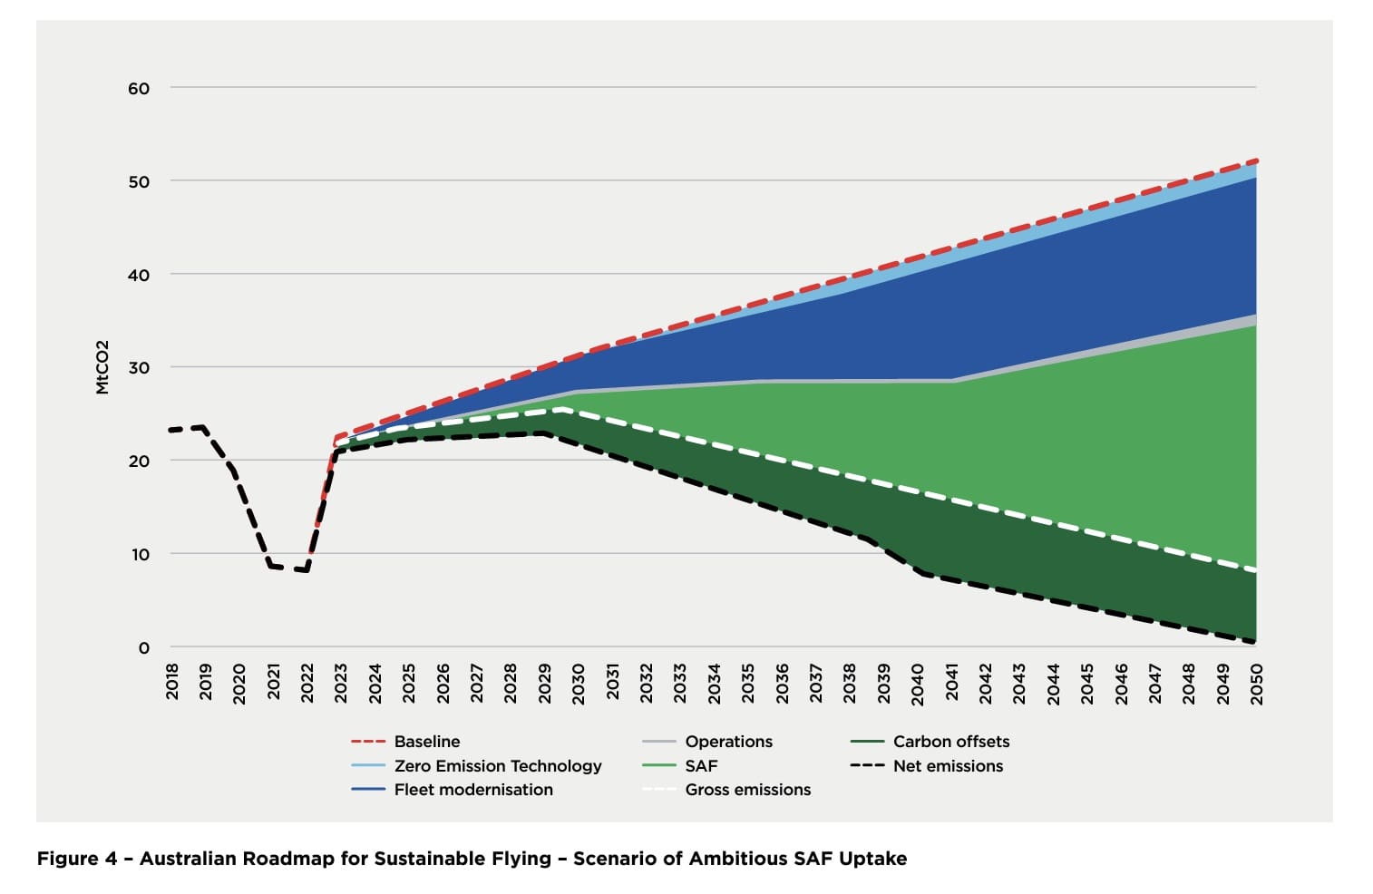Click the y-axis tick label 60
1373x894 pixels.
pos(139,89)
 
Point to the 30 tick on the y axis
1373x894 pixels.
pos(139,368)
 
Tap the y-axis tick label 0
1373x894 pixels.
pos(143,647)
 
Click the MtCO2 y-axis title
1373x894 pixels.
pos(102,367)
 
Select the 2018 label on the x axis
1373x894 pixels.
pos(172,681)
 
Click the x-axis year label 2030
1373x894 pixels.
pos(579,681)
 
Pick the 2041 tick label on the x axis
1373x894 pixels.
pos(951,681)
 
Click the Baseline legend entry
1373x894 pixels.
pos(426,742)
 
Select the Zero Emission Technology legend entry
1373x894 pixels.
pos(497,766)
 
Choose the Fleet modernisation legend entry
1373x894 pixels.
pos(472,790)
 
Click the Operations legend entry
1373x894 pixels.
pos(728,742)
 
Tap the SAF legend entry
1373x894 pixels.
pos(701,766)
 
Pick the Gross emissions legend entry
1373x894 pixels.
pos(747,790)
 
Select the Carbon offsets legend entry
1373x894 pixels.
pos(950,742)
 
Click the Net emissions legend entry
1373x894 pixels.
pos(948,766)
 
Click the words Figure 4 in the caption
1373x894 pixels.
pos(77,859)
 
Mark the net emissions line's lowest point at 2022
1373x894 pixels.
pos(307,570)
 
